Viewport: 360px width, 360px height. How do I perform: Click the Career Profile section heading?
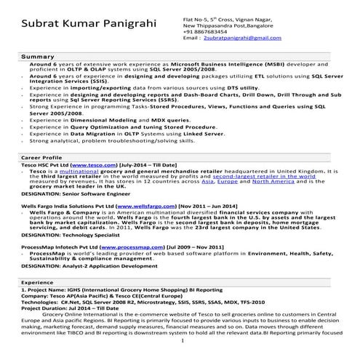click(x=41, y=157)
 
